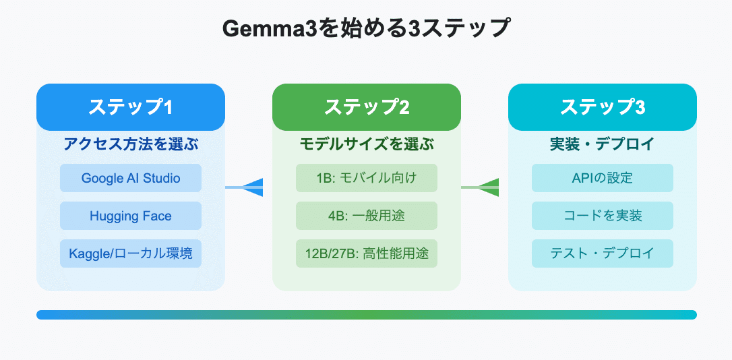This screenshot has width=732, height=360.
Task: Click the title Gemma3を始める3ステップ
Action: coord(366,30)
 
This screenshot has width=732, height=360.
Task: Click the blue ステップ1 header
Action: coord(131,107)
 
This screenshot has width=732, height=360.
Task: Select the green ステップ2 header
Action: coord(366,107)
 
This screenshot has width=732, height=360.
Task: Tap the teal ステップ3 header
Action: coord(602,107)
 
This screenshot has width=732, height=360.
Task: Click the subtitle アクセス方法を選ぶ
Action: coord(131,144)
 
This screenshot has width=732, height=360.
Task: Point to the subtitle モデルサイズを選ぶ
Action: coord(366,144)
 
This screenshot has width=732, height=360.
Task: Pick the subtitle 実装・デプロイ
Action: coord(602,144)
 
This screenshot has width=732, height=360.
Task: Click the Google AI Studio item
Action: coord(131,178)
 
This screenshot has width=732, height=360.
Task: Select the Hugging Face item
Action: coord(131,216)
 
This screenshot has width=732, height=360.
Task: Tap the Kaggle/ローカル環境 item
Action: coord(131,253)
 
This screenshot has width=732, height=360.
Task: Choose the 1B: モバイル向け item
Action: coord(366,178)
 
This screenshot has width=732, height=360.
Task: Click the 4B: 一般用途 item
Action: coord(366,216)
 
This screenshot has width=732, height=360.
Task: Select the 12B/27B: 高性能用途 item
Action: coord(366,253)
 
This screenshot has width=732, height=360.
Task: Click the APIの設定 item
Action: coord(602,178)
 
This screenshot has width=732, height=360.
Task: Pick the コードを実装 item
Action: coord(602,216)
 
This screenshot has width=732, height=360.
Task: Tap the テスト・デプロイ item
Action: coord(602,253)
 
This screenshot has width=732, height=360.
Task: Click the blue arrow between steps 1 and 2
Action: coord(249,187)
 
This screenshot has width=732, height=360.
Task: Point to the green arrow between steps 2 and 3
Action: coord(485,187)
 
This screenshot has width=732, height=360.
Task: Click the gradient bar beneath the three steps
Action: coord(366,315)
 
